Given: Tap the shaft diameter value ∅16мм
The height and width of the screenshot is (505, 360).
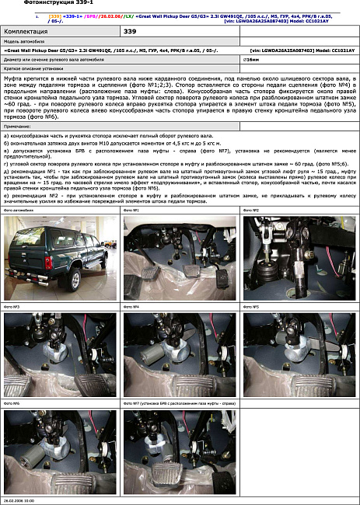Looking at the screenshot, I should [250, 59].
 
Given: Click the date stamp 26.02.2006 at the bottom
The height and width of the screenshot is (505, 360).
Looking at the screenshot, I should [19, 502].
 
